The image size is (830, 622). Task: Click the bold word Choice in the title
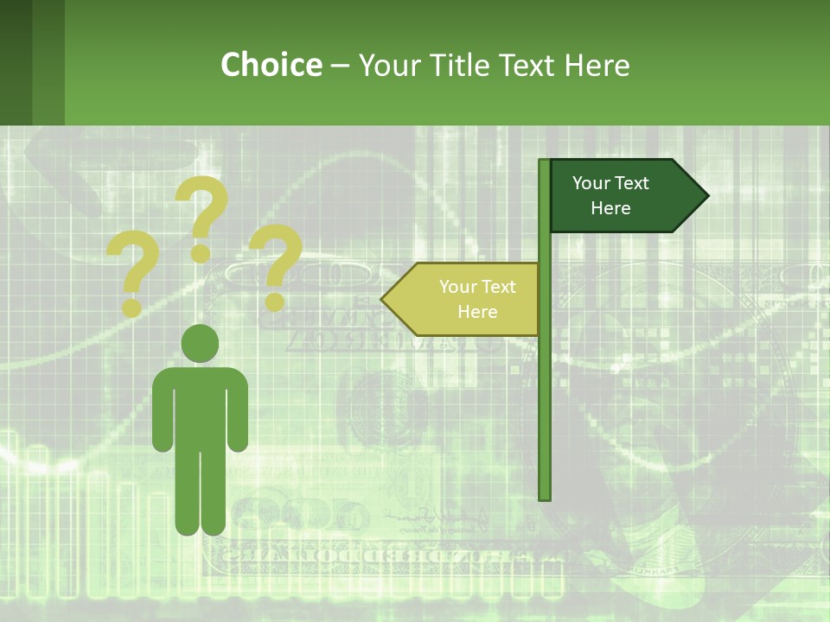271,65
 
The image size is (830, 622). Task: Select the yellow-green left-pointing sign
467,299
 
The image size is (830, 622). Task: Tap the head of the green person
200,343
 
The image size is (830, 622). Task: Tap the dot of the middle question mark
201,253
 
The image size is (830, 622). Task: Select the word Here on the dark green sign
610,208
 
